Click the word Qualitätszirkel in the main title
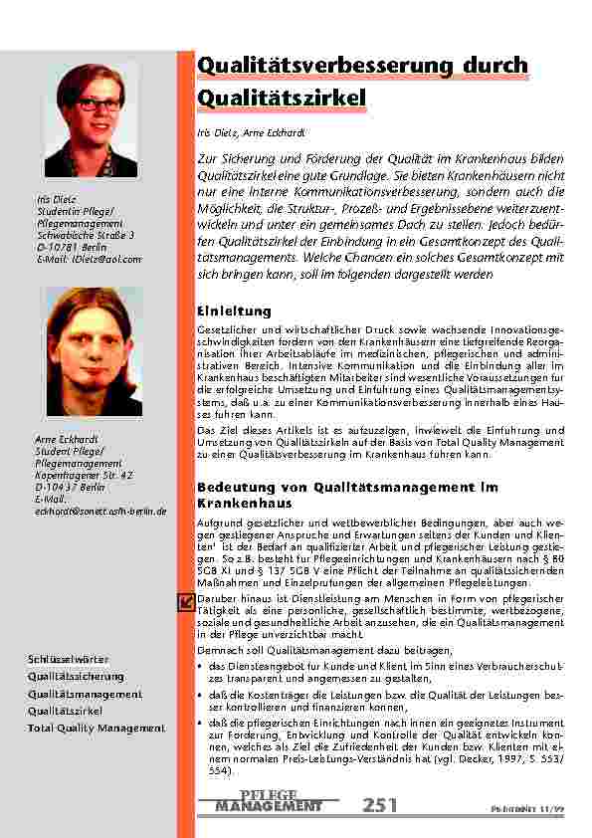pos(282,98)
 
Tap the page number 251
pos(381,805)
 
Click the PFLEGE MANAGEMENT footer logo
pos(269,802)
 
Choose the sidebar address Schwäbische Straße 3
pos(85,235)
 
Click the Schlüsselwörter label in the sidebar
pos(68,659)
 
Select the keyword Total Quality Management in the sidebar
pos(96,728)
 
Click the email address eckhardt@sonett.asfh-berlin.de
pos(100,512)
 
